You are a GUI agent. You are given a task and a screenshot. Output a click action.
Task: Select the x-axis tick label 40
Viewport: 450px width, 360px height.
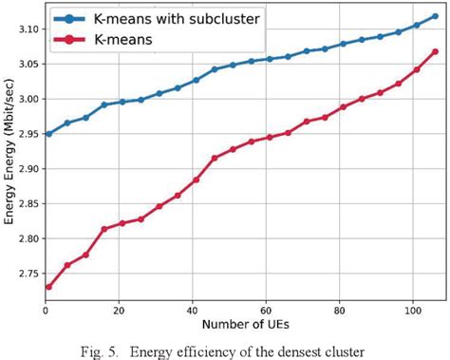tap(192, 311)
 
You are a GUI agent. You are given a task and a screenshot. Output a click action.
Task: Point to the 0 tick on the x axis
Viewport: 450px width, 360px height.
tap(45, 311)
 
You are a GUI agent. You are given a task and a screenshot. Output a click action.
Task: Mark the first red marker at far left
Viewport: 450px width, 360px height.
tap(48, 286)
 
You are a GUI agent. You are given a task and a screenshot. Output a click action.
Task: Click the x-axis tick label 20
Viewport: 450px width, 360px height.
tap(119, 311)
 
